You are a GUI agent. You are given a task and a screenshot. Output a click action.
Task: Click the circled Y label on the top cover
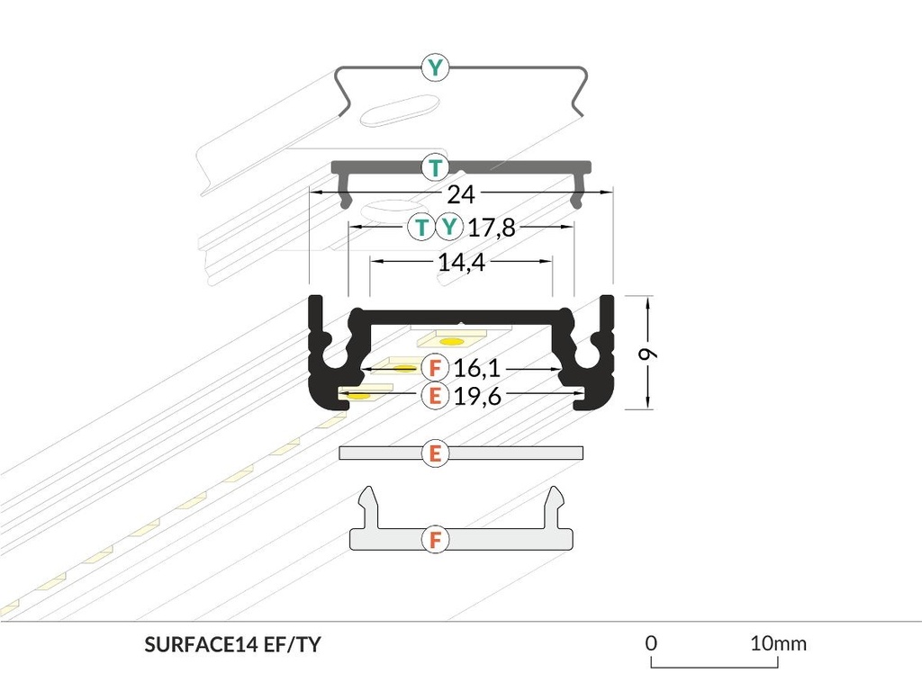pyautogui.click(x=436, y=67)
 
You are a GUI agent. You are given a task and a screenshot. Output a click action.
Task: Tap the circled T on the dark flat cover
pyautogui.click(x=436, y=167)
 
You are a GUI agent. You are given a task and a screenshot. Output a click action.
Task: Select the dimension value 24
pyautogui.click(x=461, y=193)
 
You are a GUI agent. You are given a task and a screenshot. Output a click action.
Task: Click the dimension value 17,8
pyautogui.click(x=492, y=228)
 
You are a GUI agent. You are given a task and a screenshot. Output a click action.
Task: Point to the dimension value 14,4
pyautogui.click(x=461, y=263)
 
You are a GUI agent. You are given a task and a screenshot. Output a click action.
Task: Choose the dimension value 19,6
pyautogui.click(x=477, y=395)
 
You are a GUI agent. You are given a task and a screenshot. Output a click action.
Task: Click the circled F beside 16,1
pyautogui.click(x=435, y=368)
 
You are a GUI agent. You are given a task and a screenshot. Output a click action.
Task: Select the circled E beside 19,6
pyautogui.click(x=435, y=395)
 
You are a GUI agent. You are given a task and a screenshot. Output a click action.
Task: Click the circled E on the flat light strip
pyautogui.click(x=435, y=453)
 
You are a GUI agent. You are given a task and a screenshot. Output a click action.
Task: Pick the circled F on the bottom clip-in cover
pyautogui.click(x=435, y=540)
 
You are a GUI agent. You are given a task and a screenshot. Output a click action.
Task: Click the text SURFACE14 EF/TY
pyautogui.click(x=232, y=644)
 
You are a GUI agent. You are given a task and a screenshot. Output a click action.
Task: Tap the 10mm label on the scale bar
pyautogui.click(x=778, y=643)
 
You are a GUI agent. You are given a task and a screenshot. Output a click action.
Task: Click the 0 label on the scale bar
pyautogui.click(x=651, y=643)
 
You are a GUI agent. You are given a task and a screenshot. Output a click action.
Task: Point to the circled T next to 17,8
pyautogui.click(x=421, y=228)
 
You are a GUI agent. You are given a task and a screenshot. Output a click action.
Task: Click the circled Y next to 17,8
pyautogui.click(x=448, y=228)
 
